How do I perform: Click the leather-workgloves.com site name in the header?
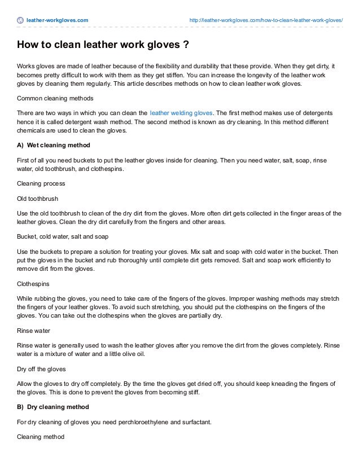tap(58, 21)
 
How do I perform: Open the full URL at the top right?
tap(267, 21)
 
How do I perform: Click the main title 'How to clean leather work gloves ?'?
tap(102, 45)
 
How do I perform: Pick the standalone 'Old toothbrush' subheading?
tap(38, 198)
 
